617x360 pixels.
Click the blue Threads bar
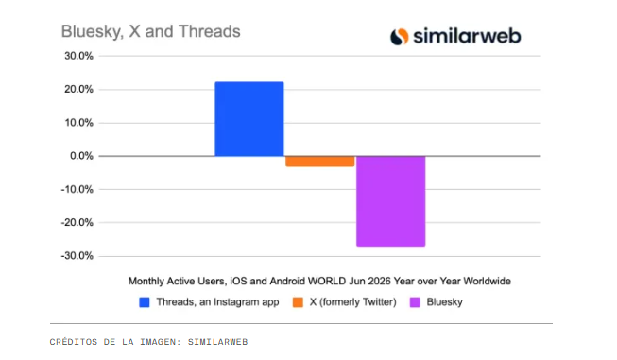click(249, 119)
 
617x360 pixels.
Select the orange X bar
click(320, 162)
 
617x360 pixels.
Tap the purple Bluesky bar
click(391, 201)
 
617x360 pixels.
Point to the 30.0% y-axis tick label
click(79, 56)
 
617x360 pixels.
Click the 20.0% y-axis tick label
click(79, 90)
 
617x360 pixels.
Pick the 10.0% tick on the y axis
click(79, 123)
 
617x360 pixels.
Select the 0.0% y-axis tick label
click(82, 156)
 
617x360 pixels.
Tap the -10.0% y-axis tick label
click(77, 189)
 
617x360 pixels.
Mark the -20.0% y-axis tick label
click(77, 223)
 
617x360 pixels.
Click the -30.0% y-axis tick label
click(77, 256)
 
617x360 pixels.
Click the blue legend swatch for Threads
click(145, 302)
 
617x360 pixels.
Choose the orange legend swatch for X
click(298, 302)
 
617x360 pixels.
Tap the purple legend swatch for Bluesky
click(415, 302)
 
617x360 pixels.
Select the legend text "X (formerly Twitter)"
click(353, 302)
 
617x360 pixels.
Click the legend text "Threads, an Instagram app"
click(217, 302)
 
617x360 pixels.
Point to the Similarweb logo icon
click(400, 37)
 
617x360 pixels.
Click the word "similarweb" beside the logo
click(467, 36)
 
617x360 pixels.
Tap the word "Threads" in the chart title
click(210, 31)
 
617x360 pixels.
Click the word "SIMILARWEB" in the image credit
click(217, 342)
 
